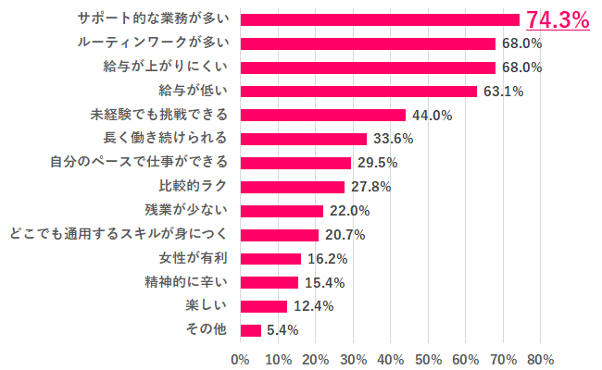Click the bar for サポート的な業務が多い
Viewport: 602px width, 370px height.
tap(380, 18)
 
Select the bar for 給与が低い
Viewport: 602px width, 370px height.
tap(358, 91)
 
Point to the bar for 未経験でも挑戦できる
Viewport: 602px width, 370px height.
tap(322, 115)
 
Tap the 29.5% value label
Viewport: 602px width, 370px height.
tap(377, 163)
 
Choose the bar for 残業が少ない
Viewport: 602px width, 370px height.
tap(282, 211)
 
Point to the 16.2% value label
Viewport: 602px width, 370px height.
tap(327, 258)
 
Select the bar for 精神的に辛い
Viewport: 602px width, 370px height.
tap(269, 282)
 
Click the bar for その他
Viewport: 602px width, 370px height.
tap(250, 330)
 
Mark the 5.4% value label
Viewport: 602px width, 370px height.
tap(282, 330)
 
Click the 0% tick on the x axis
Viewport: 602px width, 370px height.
tap(240, 359)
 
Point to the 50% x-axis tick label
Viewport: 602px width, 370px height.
tap(428, 359)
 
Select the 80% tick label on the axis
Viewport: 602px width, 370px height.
tap(541, 359)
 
